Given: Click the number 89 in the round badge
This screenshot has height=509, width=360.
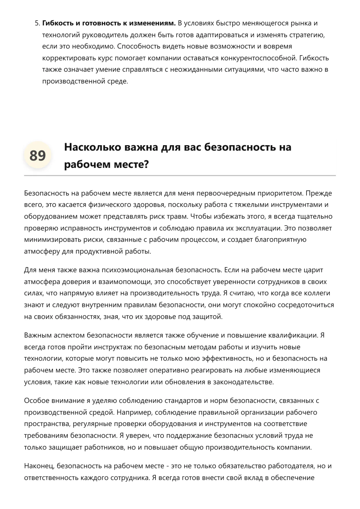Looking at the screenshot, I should [x=37, y=156].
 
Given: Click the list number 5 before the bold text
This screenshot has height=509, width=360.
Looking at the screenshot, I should [x=37, y=23].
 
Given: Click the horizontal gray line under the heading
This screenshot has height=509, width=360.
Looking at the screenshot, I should [x=180, y=176].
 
